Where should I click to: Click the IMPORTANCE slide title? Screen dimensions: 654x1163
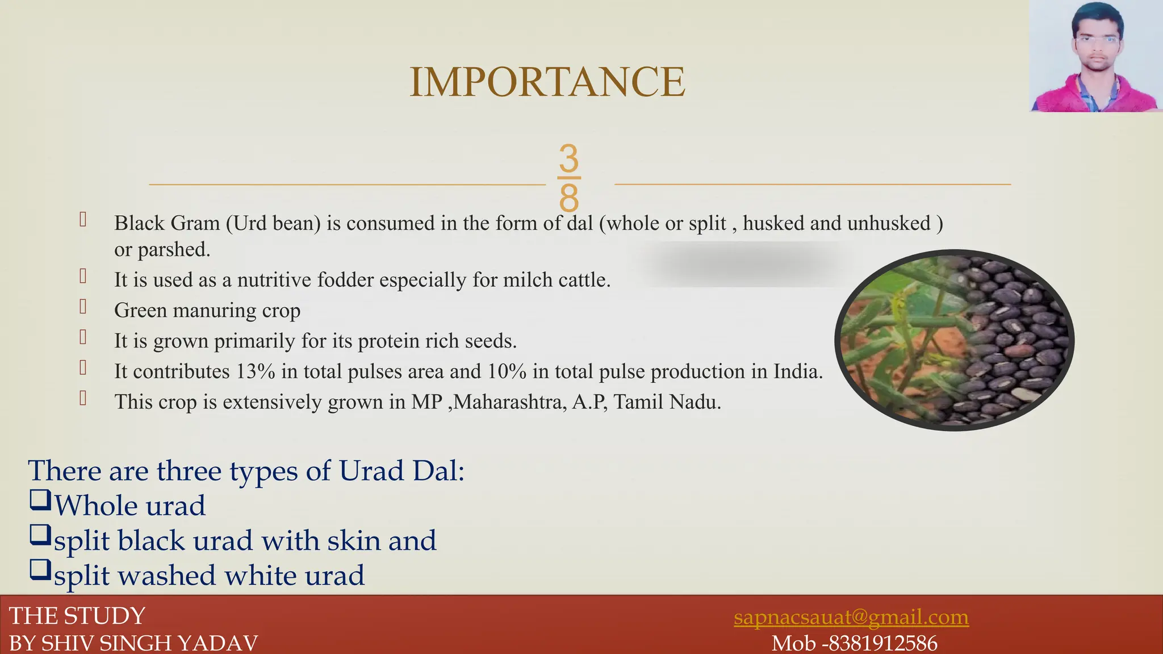pyautogui.click(x=547, y=82)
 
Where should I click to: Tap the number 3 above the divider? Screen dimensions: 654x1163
pyautogui.click(x=568, y=158)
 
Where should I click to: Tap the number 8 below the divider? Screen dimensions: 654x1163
pyautogui.click(x=568, y=198)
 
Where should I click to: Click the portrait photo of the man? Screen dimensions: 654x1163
pyautogui.click(x=1095, y=56)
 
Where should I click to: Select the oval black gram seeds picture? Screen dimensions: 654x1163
pyautogui.click(x=954, y=341)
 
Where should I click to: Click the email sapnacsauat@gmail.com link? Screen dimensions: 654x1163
pyautogui.click(x=851, y=617)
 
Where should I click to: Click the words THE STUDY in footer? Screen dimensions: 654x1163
pyautogui.click(x=77, y=616)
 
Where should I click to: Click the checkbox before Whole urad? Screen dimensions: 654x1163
pyautogui.click(x=40, y=501)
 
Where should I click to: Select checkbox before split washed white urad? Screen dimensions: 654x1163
pyautogui.click(x=40, y=570)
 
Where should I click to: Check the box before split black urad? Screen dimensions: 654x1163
pyautogui.click(x=40, y=535)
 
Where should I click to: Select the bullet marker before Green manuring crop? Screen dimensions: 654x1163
pyautogui.click(x=83, y=307)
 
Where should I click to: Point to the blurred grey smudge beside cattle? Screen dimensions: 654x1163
pyautogui.click(x=744, y=264)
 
